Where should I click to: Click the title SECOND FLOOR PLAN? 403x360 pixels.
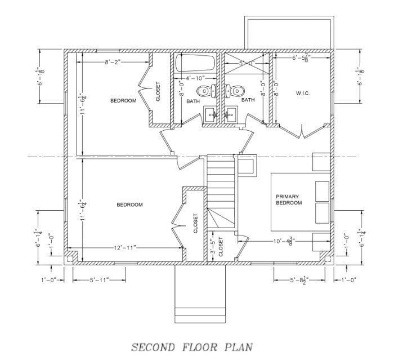point(192,346)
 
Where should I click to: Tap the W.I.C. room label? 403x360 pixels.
point(303,92)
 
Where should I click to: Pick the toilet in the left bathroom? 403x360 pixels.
point(206,90)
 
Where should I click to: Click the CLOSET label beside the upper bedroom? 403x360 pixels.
point(158,92)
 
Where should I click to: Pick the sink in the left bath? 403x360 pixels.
point(212,114)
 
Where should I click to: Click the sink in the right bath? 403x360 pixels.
point(231,114)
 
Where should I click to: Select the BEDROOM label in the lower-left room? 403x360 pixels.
point(129,205)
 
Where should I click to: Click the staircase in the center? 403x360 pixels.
point(220,180)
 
